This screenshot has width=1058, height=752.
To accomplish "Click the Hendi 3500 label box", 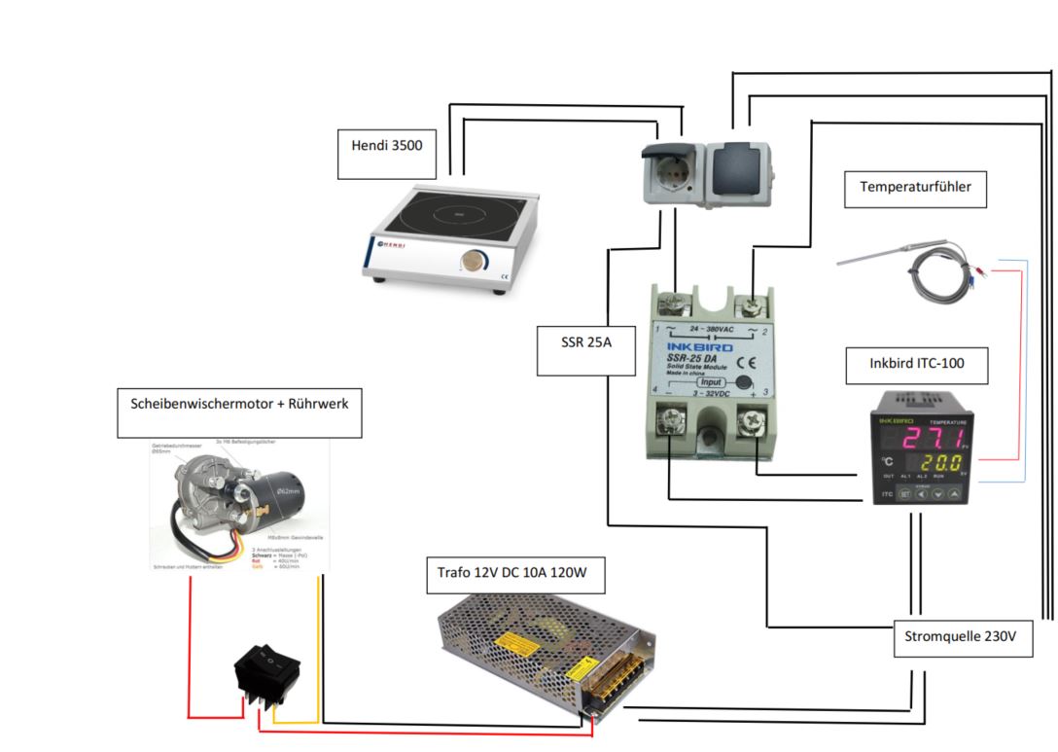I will [x=387, y=154].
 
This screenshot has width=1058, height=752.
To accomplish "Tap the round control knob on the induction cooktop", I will [x=475, y=261].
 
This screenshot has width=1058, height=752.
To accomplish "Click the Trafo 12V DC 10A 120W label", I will [x=515, y=574].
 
